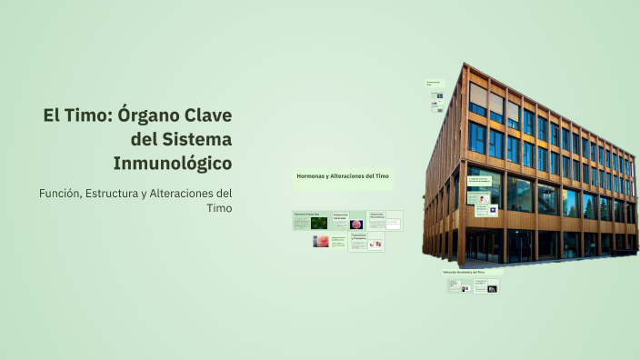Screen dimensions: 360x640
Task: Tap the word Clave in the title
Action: click(x=209, y=117)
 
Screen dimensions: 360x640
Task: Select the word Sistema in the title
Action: click(x=197, y=140)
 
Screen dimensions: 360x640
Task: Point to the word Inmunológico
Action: click(x=173, y=164)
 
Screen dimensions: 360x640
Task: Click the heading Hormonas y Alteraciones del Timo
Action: click(x=343, y=175)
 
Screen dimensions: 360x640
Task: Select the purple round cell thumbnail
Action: click(x=356, y=225)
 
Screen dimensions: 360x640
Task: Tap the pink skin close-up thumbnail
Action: click(x=321, y=242)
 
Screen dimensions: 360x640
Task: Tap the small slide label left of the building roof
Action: click(x=435, y=83)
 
